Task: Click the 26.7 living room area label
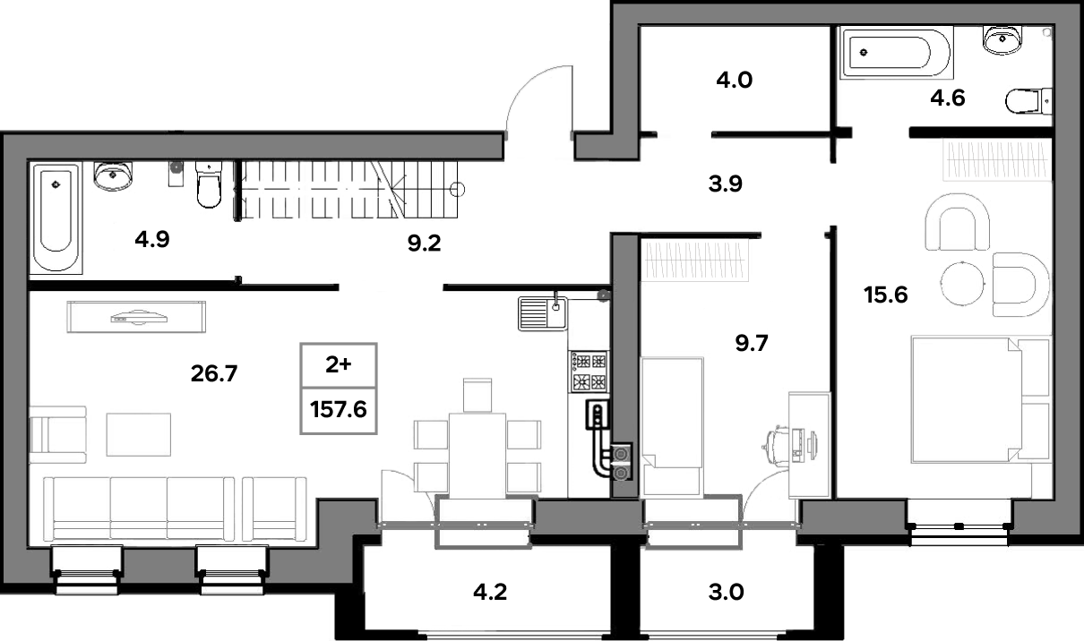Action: pyautogui.click(x=214, y=373)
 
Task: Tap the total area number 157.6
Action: pyautogui.click(x=339, y=410)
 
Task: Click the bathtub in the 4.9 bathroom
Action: pyautogui.click(x=56, y=218)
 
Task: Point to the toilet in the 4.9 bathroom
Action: pyautogui.click(x=209, y=184)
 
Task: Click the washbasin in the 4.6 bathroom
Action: pyautogui.click(x=1002, y=39)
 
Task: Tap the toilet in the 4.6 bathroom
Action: pyautogui.click(x=1028, y=101)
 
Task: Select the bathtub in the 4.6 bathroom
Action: pyautogui.click(x=897, y=52)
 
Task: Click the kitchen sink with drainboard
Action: pyautogui.click(x=543, y=313)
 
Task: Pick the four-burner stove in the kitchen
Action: pyautogui.click(x=589, y=372)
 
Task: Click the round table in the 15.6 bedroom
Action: pyautogui.click(x=962, y=284)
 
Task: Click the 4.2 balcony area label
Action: pyautogui.click(x=490, y=592)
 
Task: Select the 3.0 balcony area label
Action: pyautogui.click(x=726, y=592)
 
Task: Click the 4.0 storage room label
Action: pyautogui.click(x=734, y=80)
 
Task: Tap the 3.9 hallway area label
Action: pyautogui.click(x=725, y=184)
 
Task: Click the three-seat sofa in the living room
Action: pyautogui.click(x=139, y=509)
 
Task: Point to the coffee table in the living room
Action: pyautogui.click(x=138, y=434)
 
